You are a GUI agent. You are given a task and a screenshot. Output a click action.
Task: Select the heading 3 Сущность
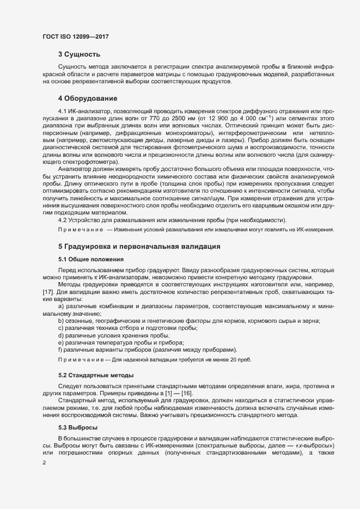point(78,54)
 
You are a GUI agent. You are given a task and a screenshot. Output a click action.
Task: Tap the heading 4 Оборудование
point(88,98)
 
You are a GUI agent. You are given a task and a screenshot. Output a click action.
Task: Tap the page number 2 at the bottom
point(44,463)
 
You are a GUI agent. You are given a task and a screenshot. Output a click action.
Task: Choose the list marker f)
point(61,349)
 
